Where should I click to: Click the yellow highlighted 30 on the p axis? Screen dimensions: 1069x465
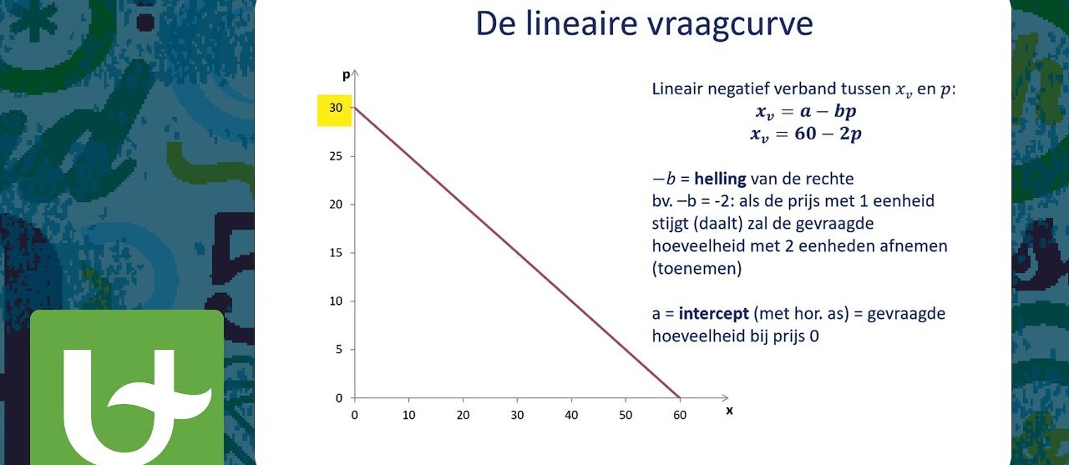pos(336,109)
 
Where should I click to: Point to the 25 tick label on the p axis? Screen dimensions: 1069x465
pos(336,156)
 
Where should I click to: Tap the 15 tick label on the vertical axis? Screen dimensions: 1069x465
pos(336,253)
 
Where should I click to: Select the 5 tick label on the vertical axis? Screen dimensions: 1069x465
pos(339,350)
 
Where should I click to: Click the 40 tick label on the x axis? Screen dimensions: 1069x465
pos(571,416)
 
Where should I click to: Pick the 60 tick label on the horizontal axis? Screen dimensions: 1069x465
pos(680,416)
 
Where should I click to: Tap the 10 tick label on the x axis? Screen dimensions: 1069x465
pos(408,416)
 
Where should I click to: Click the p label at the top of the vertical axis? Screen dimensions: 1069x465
pos(347,75)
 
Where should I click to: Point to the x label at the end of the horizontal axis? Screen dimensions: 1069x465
pos(729,411)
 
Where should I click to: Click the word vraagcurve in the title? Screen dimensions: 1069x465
pos(731,24)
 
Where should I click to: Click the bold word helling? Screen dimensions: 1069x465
pos(720,179)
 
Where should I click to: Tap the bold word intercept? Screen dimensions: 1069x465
pos(713,314)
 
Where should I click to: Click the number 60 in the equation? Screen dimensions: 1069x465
pos(806,134)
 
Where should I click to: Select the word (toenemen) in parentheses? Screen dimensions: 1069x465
pos(697,269)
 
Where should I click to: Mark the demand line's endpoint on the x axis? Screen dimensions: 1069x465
pos(680,397)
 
